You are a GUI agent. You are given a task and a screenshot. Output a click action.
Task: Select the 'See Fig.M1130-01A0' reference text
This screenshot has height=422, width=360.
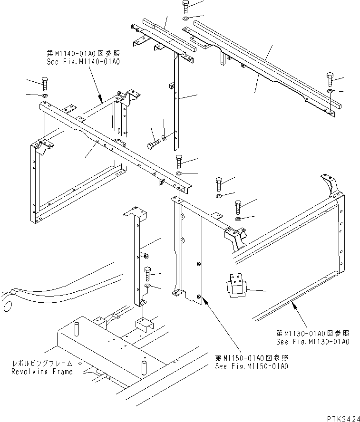pos(313,342)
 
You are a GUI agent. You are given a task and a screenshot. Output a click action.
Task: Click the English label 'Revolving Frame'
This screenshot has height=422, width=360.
pos(43,371)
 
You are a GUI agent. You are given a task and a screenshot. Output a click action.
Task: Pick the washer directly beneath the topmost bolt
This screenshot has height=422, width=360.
pos(185,19)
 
